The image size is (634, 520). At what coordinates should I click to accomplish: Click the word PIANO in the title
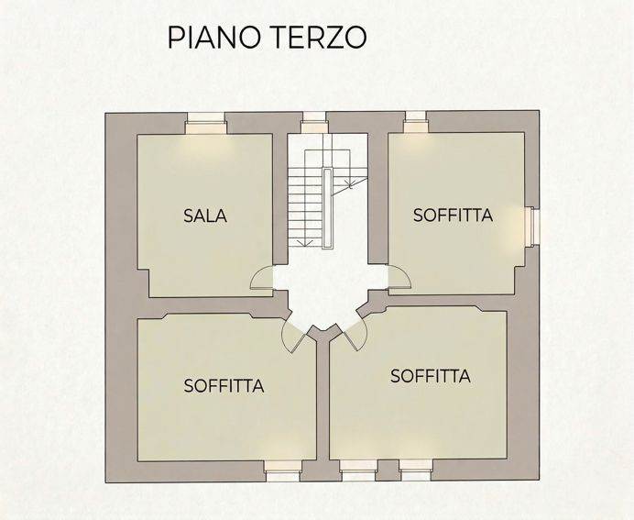213,37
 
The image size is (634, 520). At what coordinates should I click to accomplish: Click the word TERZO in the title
317,37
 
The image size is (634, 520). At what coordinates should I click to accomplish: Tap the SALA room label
205,216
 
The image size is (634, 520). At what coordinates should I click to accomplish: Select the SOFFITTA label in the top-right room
453,216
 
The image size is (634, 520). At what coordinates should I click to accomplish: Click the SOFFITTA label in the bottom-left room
224,386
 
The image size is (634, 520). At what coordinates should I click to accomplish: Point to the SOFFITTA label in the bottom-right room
431,376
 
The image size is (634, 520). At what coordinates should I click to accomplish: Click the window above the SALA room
206,123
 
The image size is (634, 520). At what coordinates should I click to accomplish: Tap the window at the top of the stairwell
314,122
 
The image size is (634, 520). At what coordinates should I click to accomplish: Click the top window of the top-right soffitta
416,122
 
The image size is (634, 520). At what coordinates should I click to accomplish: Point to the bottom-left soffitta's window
283,471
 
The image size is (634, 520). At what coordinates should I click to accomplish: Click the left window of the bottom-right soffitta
358,470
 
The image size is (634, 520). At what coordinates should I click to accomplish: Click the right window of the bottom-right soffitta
416,470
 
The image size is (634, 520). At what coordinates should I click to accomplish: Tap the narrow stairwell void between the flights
327,208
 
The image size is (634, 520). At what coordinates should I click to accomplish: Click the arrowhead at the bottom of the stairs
304,242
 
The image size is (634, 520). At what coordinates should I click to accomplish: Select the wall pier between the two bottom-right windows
388,470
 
